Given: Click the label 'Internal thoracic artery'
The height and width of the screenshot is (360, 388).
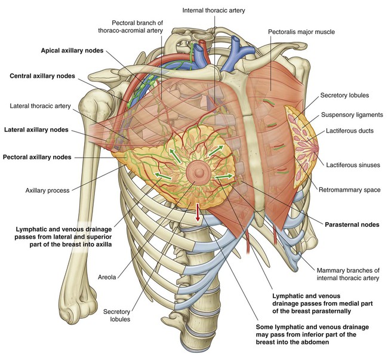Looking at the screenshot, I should point(215,10).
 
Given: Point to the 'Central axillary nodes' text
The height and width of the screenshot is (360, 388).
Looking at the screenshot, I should point(46,76).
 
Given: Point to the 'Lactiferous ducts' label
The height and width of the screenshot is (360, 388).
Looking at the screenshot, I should point(353,130).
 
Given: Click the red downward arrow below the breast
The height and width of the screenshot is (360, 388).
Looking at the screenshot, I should point(198,214).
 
